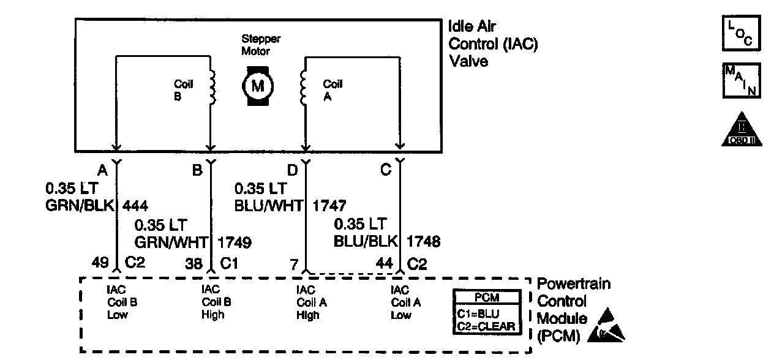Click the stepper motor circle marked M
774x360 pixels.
pos(258,86)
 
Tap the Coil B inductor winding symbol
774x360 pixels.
pos(212,87)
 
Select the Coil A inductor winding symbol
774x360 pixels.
pos(303,87)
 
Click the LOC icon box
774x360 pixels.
pos(742,33)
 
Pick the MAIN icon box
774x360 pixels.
pos(742,80)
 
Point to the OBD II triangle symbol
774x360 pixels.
pos(742,130)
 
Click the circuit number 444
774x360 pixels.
pos(135,206)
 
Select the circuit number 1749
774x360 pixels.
pos(235,242)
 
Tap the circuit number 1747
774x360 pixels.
pos(329,206)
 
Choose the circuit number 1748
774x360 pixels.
pos(423,241)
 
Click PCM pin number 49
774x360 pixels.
pos(100,263)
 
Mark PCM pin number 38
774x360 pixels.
pos(193,264)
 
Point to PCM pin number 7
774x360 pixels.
pos(294,264)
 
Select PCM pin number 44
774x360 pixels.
pos(384,264)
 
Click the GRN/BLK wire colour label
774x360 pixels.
pos(80,206)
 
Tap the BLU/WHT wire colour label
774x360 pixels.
pos(269,206)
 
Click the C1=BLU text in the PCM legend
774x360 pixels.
pos(478,313)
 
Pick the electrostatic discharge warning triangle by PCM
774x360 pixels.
pos(606,326)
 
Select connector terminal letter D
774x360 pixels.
pos(292,170)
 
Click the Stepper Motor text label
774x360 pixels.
pos(261,45)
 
